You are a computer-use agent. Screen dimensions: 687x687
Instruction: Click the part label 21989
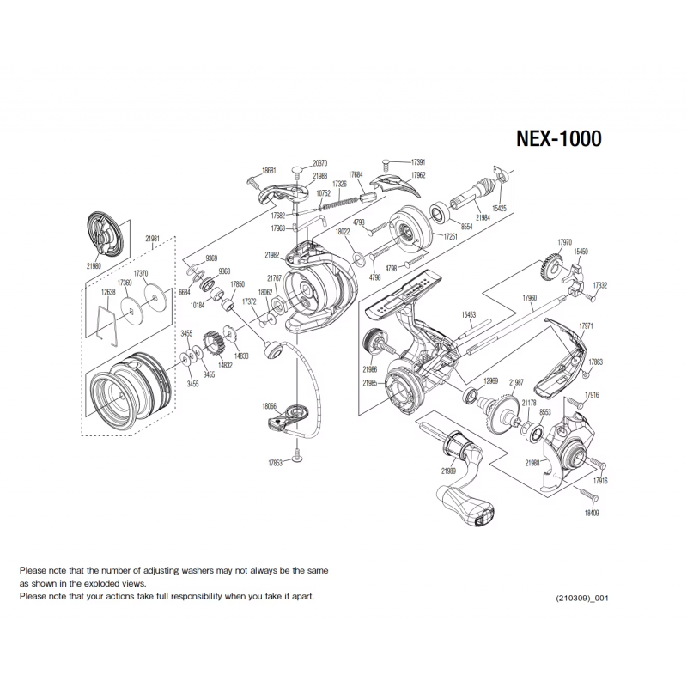click(x=448, y=471)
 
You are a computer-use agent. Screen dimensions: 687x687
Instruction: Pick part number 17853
click(x=276, y=463)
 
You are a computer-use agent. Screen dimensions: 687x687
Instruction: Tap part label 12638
click(x=108, y=292)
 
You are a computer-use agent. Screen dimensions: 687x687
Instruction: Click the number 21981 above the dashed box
click(x=154, y=238)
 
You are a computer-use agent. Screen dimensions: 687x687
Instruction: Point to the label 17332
click(x=600, y=285)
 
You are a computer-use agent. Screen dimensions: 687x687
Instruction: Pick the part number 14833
click(x=241, y=355)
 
